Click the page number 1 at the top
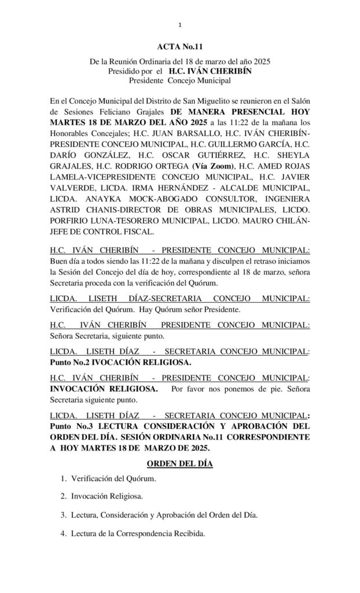pyautogui.click(x=180, y=24)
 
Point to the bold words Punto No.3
pyautogui.click(x=73, y=426)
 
